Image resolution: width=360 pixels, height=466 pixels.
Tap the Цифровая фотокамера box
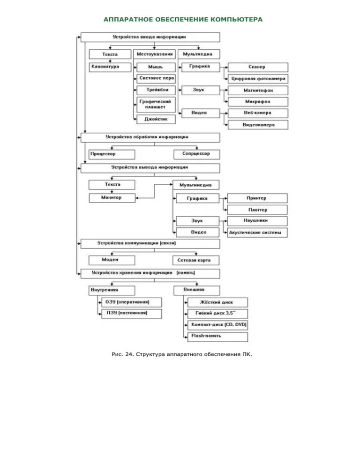click(x=258, y=79)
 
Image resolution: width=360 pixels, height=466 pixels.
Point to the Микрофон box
click(x=258, y=102)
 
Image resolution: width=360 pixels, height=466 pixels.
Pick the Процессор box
click(x=112, y=154)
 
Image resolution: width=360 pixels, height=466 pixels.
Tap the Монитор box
click(x=112, y=198)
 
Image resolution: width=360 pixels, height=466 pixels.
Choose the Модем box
click(x=112, y=260)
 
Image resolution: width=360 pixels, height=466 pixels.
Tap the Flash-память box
click(x=217, y=337)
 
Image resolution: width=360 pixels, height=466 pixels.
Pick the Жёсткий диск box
click(x=217, y=302)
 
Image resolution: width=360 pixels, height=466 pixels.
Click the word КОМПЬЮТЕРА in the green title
click(x=236, y=19)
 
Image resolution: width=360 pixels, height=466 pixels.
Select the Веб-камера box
click(x=258, y=113)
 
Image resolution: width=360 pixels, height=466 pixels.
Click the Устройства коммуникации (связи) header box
click(x=150, y=244)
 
